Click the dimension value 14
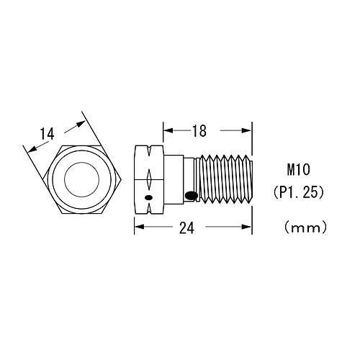(47, 134)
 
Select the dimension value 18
(199, 131)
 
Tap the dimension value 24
(186, 228)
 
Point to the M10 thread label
(299, 170)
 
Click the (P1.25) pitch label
(299, 193)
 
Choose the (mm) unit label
(305, 228)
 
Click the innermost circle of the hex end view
(82, 179)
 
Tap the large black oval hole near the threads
(192, 195)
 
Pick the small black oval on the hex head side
(148, 197)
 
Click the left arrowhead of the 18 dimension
(168, 130)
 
